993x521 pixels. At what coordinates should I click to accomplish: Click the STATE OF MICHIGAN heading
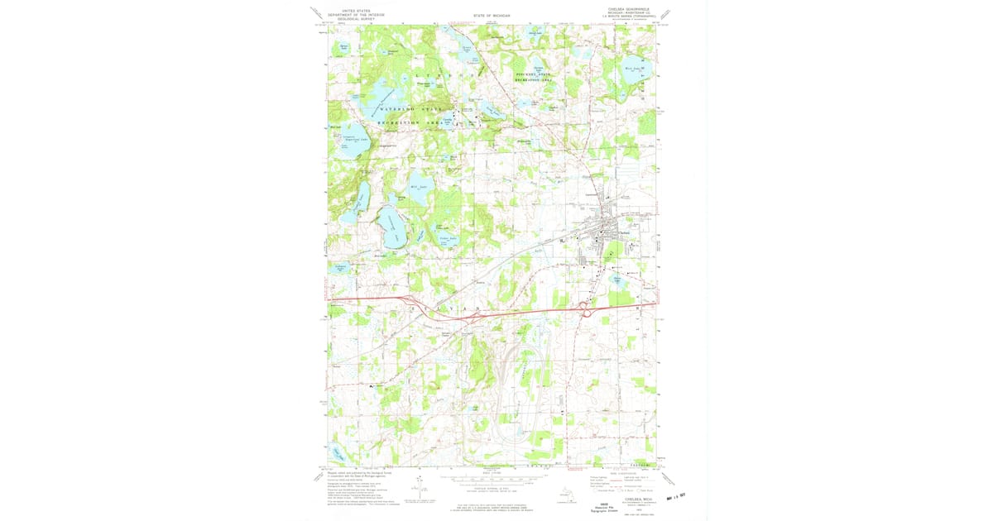492,15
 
